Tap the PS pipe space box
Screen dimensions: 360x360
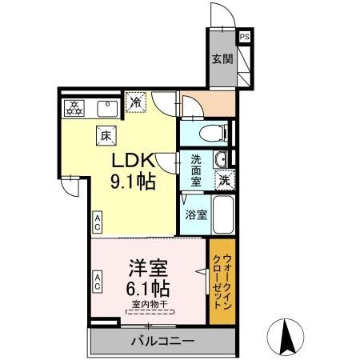coord(244,36)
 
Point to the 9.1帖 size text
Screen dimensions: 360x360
coord(132,181)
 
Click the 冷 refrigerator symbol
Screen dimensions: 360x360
coord(138,102)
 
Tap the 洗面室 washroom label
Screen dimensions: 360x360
coord(195,170)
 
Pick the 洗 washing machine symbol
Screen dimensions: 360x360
coord(226,180)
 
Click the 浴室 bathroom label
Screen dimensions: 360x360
coord(195,214)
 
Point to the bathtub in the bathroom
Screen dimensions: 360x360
coord(223,214)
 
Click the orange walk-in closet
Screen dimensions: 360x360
coord(223,281)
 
